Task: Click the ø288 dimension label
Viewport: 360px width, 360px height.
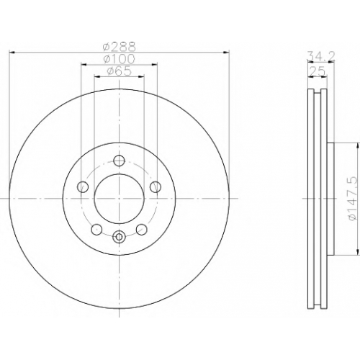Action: [120, 47]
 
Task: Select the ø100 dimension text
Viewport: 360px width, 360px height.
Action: [120, 59]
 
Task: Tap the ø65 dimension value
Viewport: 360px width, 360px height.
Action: [120, 71]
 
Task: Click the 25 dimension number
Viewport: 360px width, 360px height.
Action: [318, 71]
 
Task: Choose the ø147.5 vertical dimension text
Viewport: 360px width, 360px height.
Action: [354, 199]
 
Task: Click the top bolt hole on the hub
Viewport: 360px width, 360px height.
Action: [119, 161]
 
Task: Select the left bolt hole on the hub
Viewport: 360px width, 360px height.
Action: [83, 186]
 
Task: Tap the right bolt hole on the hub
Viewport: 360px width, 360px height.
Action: [155, 186]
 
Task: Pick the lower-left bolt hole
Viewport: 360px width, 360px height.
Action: [96, 229]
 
